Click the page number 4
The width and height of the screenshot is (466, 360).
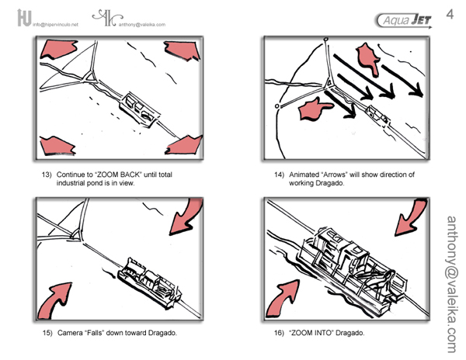(450, 14)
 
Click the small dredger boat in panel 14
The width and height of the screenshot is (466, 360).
(377, 113)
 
